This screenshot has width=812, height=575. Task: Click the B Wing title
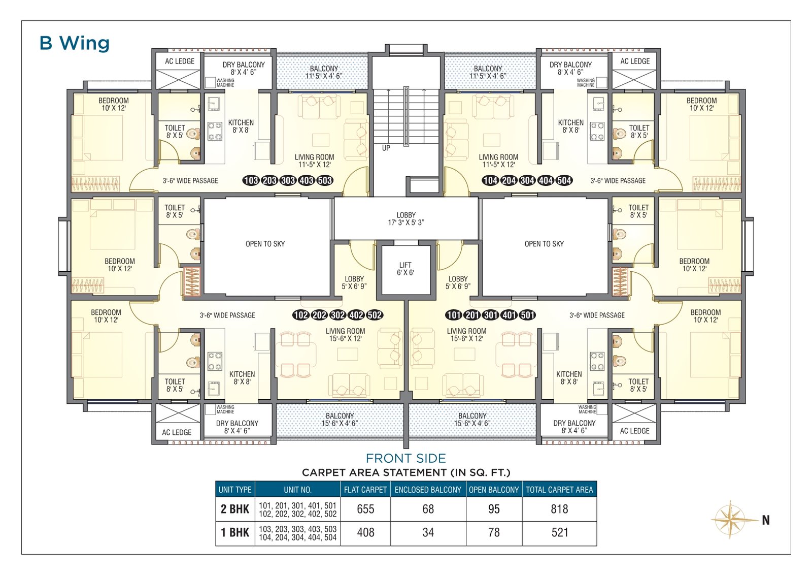pos(74,43)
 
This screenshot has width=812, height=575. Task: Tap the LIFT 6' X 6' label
pos(405,269)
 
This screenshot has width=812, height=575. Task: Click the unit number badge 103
pos(251,180)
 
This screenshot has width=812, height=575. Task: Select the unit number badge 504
pos(564,180)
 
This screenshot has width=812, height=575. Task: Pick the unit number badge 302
pos(338,315)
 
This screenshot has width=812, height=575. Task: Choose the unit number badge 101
pos(454,315)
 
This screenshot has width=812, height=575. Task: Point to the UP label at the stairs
pos(386,148)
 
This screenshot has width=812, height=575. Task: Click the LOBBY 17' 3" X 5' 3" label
pos(406,219)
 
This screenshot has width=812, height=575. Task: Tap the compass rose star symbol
pos(731,520)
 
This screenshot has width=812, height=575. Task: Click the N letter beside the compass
pos(766,520)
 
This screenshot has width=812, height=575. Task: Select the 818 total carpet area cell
pos(559,509)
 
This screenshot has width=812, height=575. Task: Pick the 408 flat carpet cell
pos(365,532)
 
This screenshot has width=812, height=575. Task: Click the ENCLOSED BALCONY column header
pos(428,490)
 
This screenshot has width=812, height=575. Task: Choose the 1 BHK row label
pos(235,532)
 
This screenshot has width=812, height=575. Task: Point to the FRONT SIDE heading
pos(406,458)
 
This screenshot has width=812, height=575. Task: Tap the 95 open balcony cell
pos(494,509)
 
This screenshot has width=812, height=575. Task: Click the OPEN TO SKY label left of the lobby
pos(265,244)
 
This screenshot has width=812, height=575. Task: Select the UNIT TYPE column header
pos(235,490)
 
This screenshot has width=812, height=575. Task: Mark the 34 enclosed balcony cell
pos(428,532)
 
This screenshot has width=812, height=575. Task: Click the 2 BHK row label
pos(235,509)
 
